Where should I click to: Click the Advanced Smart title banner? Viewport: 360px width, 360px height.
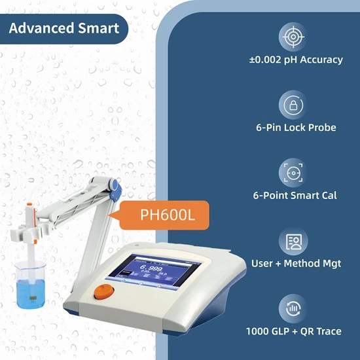tap(63, 28)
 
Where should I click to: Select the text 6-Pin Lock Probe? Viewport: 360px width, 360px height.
tap(296, 128)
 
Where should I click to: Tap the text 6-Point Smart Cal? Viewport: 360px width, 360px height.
tap(295, 196)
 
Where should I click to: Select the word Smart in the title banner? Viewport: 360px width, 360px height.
tap(98, 28)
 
